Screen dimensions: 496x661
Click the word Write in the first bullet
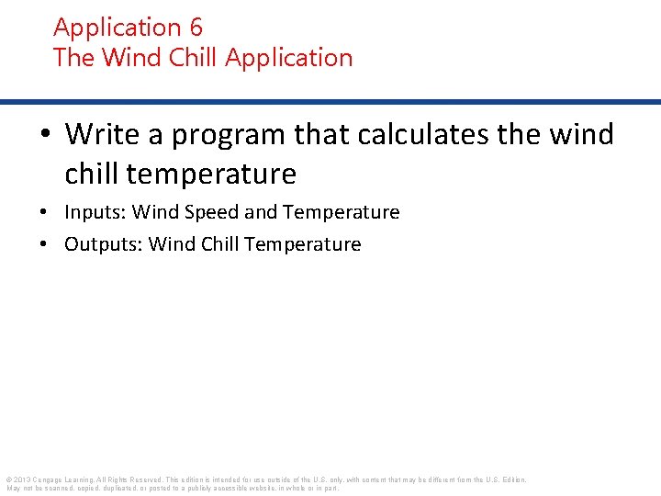point(102,135)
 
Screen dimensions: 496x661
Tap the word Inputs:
point(95,213)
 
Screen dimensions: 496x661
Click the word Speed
point(212,213)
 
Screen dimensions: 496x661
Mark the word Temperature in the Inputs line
point(342,213)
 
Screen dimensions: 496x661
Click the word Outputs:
point(103,244)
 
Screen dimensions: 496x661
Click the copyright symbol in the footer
point(8,479)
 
